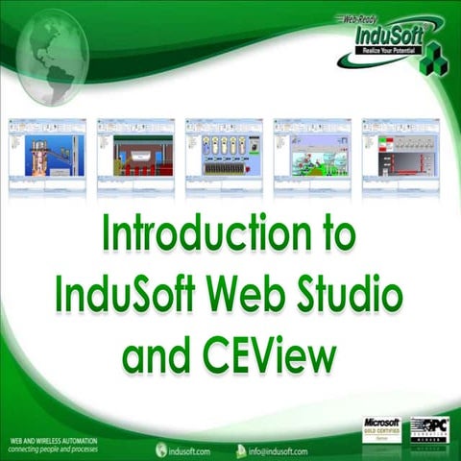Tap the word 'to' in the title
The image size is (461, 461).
click(332, 234)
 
